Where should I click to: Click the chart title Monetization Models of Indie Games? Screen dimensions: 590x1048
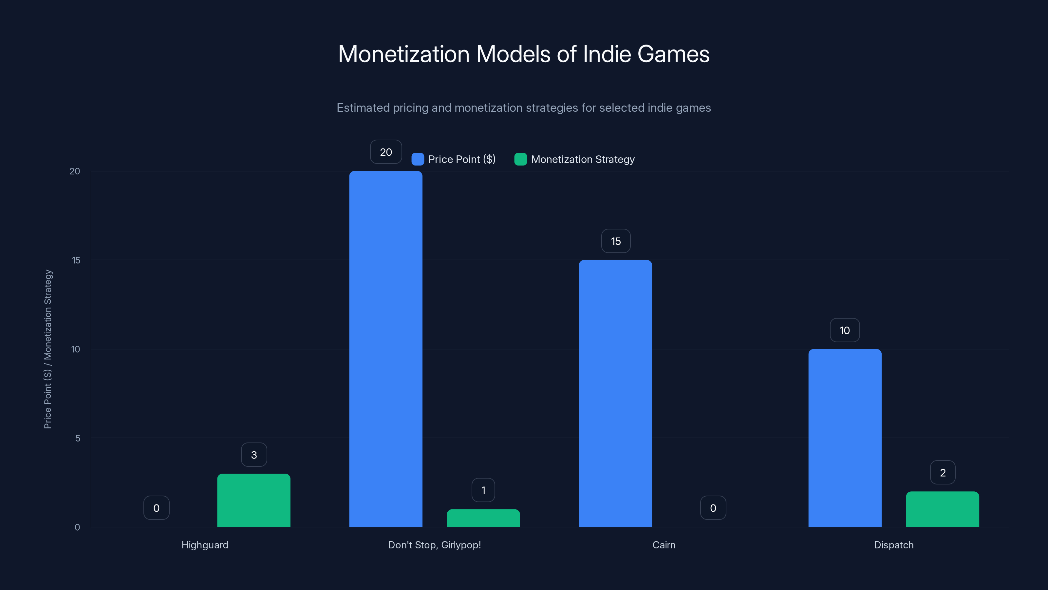pos(524,54)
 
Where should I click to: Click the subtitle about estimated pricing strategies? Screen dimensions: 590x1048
pos(524,108)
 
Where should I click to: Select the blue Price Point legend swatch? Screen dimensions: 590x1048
pos(418,159)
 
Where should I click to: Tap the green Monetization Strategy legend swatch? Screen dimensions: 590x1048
pos(520,159)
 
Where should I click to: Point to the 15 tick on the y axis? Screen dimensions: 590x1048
pos(76,260)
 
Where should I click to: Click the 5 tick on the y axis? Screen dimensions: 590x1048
pos(78,439)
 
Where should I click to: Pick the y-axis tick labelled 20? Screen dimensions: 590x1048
pos(75,171)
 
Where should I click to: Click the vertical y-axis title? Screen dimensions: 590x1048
pos(47,349)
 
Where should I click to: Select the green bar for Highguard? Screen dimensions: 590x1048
pos(253,501)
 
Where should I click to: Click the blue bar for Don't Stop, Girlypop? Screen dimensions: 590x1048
pos(386,349)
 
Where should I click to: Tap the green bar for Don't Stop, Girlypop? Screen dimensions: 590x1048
pos(483,518)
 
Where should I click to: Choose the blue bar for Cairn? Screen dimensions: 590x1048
pos(615,393)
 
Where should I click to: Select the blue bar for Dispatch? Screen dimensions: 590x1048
pos(845,438)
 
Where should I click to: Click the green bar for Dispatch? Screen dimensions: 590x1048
pos(942,509)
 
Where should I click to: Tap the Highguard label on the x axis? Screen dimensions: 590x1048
pos(205,545)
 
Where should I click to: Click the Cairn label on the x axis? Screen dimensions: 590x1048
pos(664,545)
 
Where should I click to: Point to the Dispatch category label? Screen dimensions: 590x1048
pos(893,545)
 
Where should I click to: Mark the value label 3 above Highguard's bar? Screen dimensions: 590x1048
pos(254,455)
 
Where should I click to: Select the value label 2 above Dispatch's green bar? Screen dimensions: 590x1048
pos(943,473)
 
